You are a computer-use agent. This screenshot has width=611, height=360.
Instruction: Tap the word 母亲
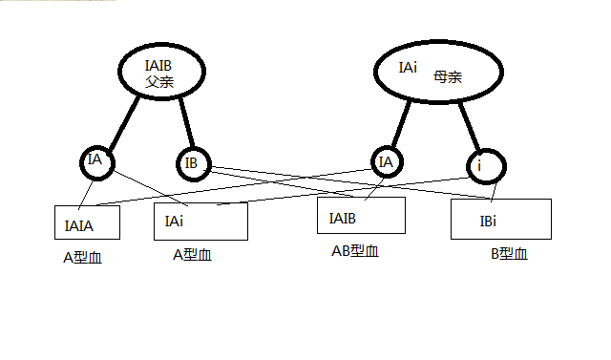tap(447, 76)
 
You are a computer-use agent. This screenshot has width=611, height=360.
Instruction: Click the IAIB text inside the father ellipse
tap(158, 65)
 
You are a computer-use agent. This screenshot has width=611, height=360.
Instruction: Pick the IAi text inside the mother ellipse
tap(408, 69)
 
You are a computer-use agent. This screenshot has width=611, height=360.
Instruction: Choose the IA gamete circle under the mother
tap(387, 163)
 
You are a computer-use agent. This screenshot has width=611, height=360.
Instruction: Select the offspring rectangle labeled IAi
tap(200, 221)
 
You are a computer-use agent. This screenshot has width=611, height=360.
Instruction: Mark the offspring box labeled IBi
tap(501, 219)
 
